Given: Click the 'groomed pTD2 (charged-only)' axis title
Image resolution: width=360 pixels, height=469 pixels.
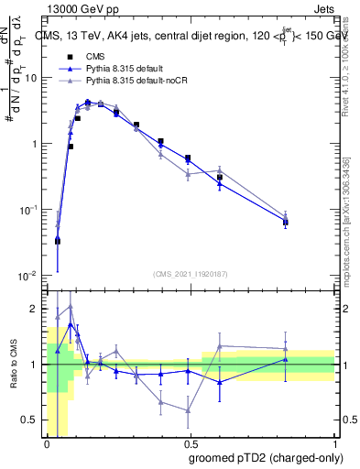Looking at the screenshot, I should click(x=267, y=458).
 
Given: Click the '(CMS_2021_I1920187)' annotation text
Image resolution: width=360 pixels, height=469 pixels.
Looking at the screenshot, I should click(x=191, y=274).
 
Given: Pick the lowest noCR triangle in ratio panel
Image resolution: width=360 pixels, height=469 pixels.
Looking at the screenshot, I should click(x=188, y=410).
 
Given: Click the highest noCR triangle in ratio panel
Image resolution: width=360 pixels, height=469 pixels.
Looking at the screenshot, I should click(x=71, y=307).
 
